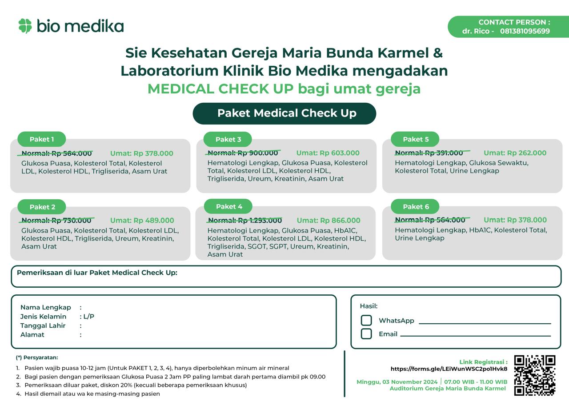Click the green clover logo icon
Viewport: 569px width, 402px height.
tap(25, 26)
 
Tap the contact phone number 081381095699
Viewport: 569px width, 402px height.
tap(525, 31)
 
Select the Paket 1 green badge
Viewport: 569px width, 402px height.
tap(42, 139)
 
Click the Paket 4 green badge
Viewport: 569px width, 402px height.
tap(229, 206)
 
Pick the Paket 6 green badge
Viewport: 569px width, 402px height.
tap(416, 206)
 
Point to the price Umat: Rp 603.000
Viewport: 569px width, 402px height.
tap(328, 153)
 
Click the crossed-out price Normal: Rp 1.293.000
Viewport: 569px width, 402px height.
tap(244, 220)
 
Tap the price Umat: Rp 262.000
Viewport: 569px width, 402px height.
tap(515, 153)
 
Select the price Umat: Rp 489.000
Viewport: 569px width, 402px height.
tap(142, 220)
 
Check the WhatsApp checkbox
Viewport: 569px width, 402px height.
tap(366, 320)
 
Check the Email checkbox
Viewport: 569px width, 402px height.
tap(366, 334)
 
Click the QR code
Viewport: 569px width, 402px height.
tap(535, 375)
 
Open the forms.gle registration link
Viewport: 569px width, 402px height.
tap(449, 369)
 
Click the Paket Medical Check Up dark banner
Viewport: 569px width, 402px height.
tap(284, 113)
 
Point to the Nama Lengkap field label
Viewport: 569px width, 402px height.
tap(45, 307)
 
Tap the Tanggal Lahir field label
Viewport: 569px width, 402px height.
tap(43, 326)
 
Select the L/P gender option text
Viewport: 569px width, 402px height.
tap(88, 317)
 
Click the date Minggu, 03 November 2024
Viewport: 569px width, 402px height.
tap(397, 382)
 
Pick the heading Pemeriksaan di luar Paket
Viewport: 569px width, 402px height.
tap(97, 273)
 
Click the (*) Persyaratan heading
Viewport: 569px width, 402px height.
tap(37, 357)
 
